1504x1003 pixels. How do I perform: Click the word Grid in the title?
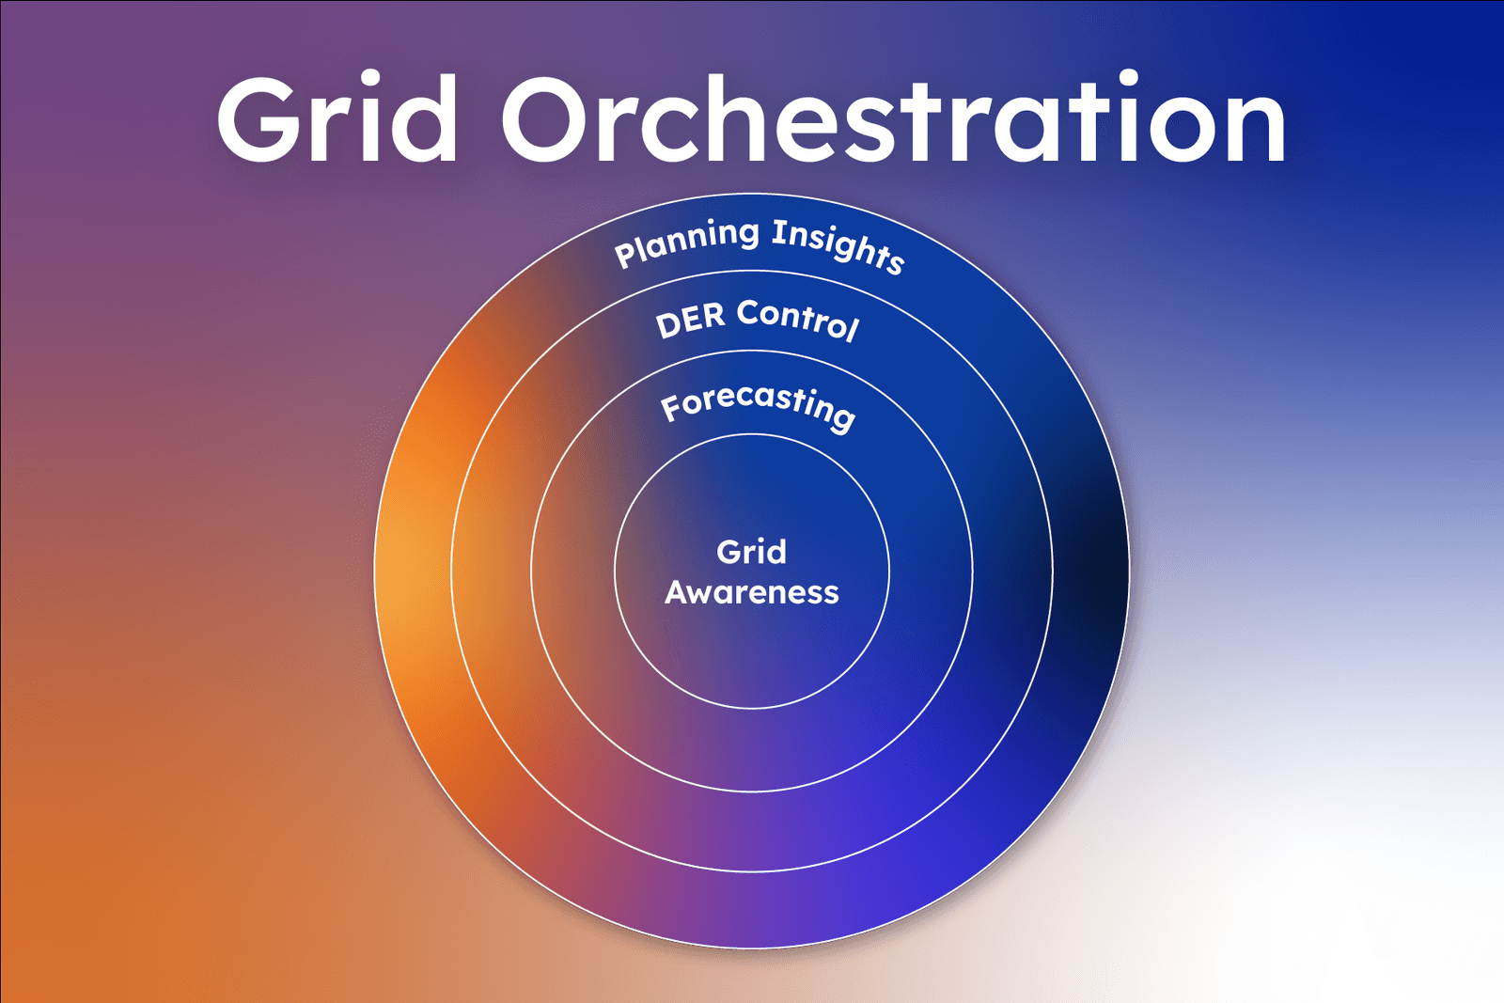(x=337, y=120)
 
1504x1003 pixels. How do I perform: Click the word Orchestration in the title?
(x=893, y=120)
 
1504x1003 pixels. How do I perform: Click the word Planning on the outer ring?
(x=686, y=241)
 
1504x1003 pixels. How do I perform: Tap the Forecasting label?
(x=758, y=405)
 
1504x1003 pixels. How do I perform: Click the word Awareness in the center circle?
(x=751, y=592)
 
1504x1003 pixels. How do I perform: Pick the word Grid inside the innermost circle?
(x=751, y=552)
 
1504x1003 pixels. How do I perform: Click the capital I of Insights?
(x=778, y=230)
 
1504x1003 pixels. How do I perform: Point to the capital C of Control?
(x=748, y=312)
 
